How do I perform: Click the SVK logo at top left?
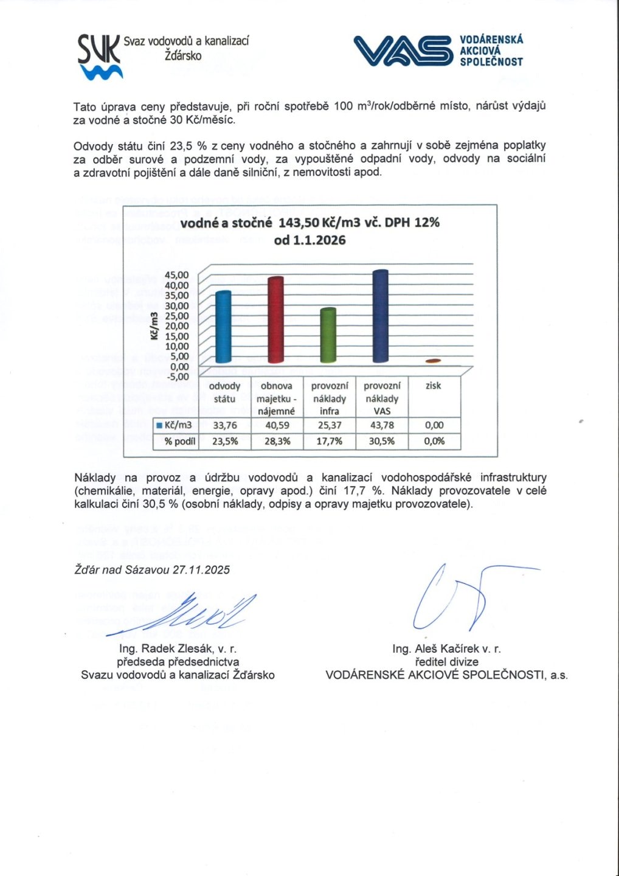(x=100, y=57)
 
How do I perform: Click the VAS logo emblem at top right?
(x=403, y=50)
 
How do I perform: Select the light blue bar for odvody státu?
(x=223, y=327)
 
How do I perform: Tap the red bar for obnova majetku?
(x=275, y=320)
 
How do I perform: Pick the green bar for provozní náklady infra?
(x=328, y=336)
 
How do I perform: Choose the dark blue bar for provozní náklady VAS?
(x=380, y=316)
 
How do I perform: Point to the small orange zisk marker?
(x=432, y=361)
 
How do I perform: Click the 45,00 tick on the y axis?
(x=177, y=275)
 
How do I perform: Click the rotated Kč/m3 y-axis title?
(x=154, y=326)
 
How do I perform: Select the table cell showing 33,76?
(x=224, y=425)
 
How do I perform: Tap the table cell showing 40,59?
(x=277, y=425)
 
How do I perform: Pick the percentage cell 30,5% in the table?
(x=381, y=441)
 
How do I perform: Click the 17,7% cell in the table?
(x=329, y=441)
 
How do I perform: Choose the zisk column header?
(x=433, y=386)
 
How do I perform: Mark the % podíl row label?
(x=179, y=441)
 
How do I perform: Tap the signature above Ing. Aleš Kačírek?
(x=462, y=596)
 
